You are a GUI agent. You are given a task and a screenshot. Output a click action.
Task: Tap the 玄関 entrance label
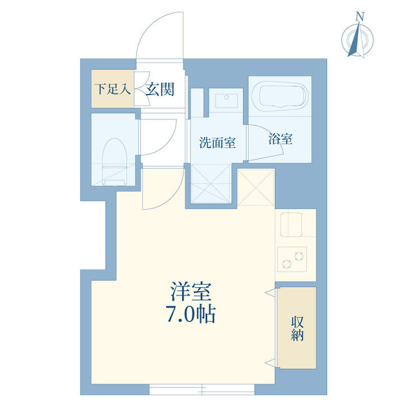[159, 89]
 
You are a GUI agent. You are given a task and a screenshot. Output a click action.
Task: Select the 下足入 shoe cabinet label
[112, 88]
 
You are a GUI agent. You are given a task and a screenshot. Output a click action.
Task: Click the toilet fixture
[114, 158]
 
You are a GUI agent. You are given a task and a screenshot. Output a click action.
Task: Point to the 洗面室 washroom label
[217, 143]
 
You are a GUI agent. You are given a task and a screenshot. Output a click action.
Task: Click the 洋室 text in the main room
[192, 292]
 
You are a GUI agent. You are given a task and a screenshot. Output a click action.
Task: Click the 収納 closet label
[297, 328]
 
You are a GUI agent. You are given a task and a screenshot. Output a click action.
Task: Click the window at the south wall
[201, 389]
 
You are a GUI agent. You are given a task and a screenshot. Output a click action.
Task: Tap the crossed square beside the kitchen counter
[256, 187]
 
